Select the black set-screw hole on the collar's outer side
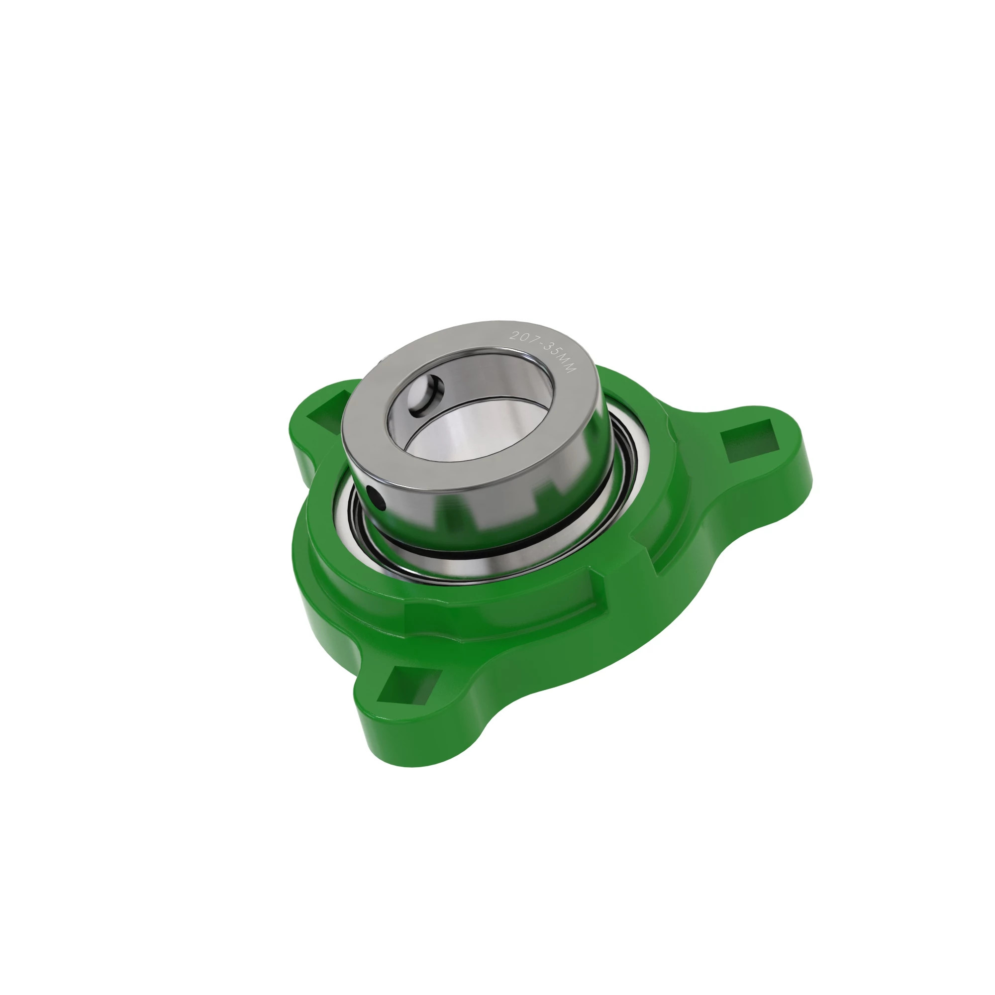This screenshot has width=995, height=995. (x=376, y=498)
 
